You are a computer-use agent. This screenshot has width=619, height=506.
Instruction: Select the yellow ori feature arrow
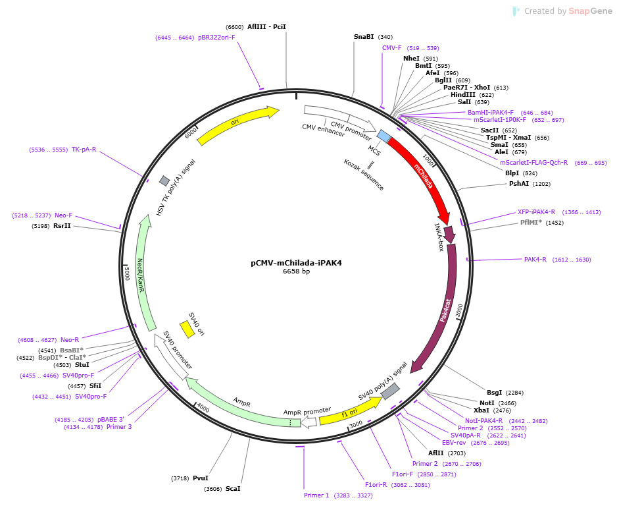[235, 123]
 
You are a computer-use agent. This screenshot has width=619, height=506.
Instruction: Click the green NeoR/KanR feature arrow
[141, 273]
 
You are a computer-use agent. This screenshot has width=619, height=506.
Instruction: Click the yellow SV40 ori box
[187, 329]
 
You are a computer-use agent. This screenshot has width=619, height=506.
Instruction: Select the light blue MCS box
[384, 136]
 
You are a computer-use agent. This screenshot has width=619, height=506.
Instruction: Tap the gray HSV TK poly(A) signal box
[164, 181]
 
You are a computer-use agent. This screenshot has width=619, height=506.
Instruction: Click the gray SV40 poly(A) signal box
[390, 391]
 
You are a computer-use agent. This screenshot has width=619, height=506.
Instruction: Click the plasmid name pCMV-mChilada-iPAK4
[296, 263]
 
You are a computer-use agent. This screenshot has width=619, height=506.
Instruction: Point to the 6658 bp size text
[296, 271]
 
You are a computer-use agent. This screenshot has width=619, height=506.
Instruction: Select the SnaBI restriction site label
[364, 37]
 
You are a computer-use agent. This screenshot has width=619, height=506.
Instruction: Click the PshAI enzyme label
[519, 183]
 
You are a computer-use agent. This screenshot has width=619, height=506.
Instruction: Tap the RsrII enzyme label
[62, 226]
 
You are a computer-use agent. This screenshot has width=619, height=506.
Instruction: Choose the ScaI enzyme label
[232, 489]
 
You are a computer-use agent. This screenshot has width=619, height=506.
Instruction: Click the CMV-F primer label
[391, 48]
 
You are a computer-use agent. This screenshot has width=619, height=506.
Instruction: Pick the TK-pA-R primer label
[84, 150]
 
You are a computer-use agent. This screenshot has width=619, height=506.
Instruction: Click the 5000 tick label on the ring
[127, 273]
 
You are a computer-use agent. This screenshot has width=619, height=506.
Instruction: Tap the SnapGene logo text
[590, 11]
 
